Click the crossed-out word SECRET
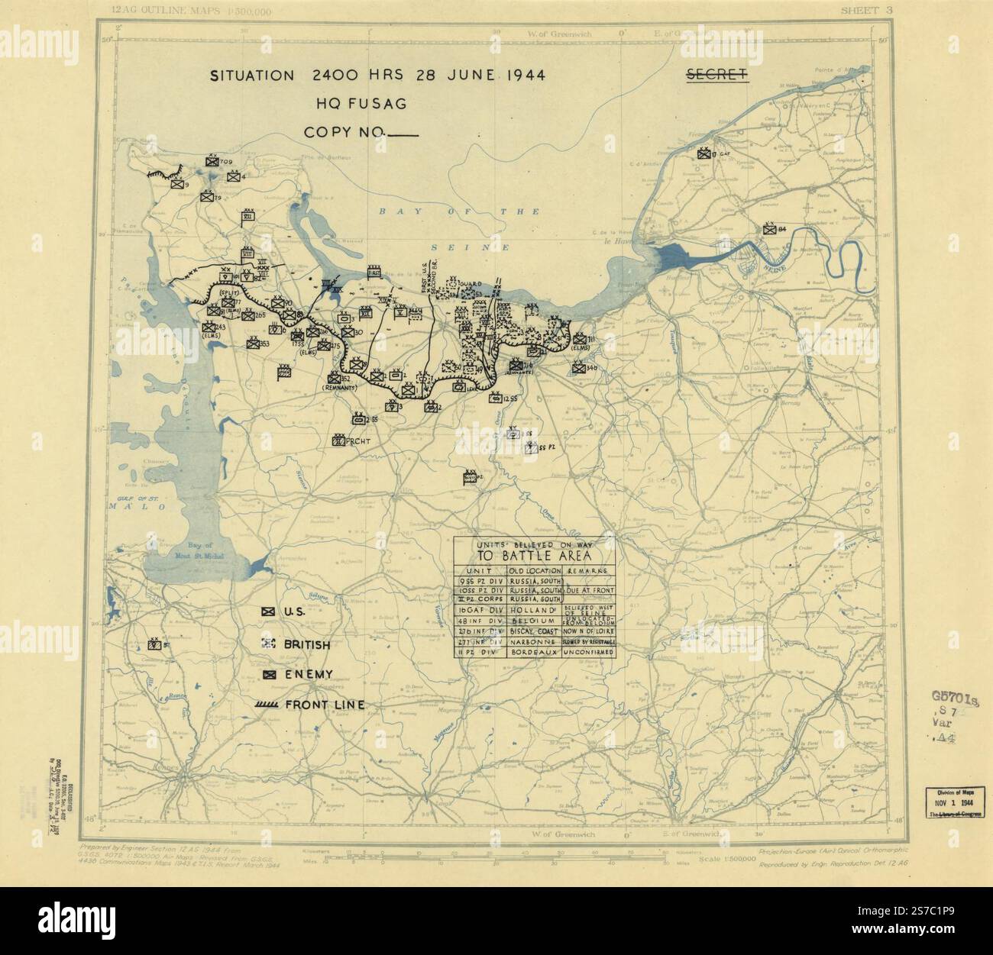click(716, 75)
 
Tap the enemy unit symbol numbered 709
click(212, 161)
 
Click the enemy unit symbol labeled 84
click(768, 228)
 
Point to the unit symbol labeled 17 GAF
click(703, 153)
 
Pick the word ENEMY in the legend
click(309, 674)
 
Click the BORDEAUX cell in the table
click(534, 654)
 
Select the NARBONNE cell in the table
click(534, 643)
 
